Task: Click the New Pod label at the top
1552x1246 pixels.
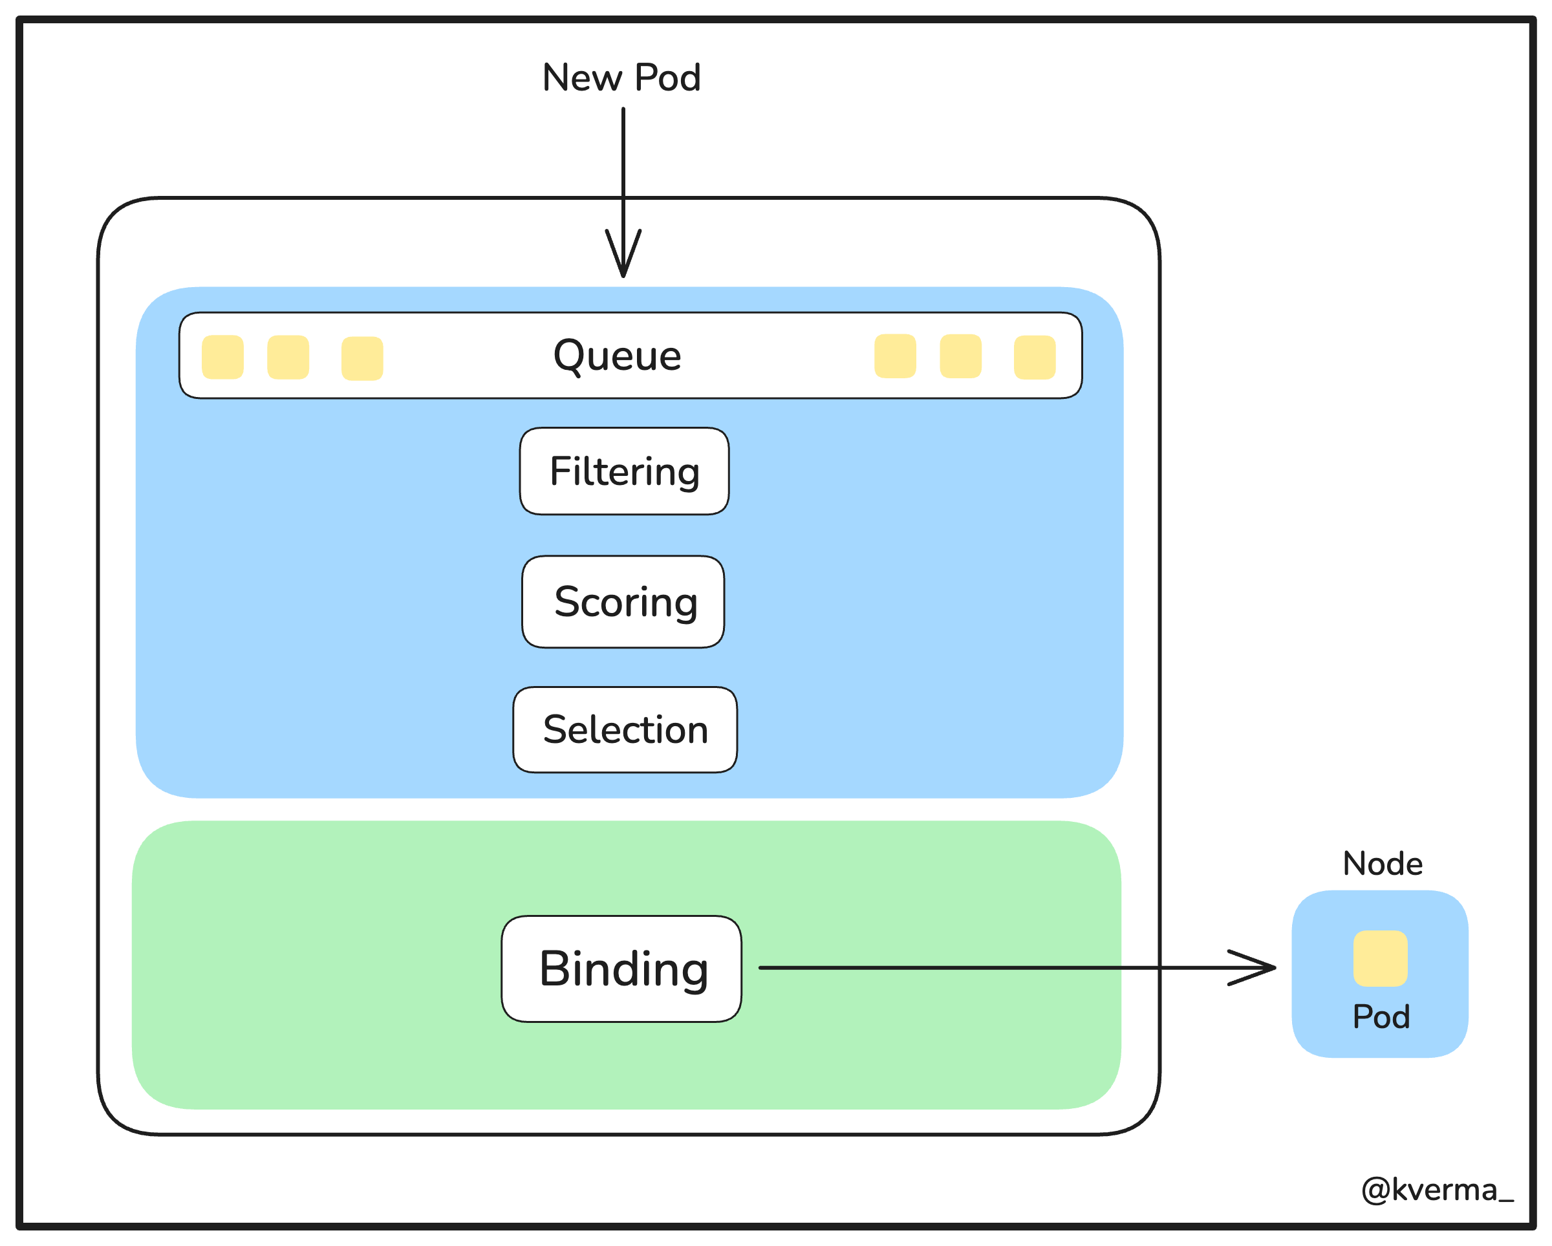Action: point(621,78)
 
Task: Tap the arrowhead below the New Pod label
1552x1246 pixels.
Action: point(623,253)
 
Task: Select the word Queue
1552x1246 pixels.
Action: point(617,356)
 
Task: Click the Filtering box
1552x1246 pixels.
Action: point(624,471)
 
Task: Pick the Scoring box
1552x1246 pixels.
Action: point(623,602)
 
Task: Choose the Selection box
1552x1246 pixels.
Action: point(625,730)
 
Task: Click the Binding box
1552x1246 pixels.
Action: point(621,969)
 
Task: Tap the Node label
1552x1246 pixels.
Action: point(1383,864)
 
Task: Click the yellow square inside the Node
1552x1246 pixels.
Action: point(1381,959)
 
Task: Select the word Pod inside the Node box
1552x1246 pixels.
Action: point(1381,1017)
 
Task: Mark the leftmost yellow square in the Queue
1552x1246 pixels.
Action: point(222,357)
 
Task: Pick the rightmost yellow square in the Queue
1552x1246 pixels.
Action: point(1035,357)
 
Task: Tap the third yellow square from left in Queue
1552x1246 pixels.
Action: point(362,358)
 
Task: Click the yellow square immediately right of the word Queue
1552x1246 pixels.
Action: point(896,356)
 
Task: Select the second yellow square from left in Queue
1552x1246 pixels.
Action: point(288,357)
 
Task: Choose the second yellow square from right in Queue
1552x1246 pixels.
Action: point(961,356)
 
